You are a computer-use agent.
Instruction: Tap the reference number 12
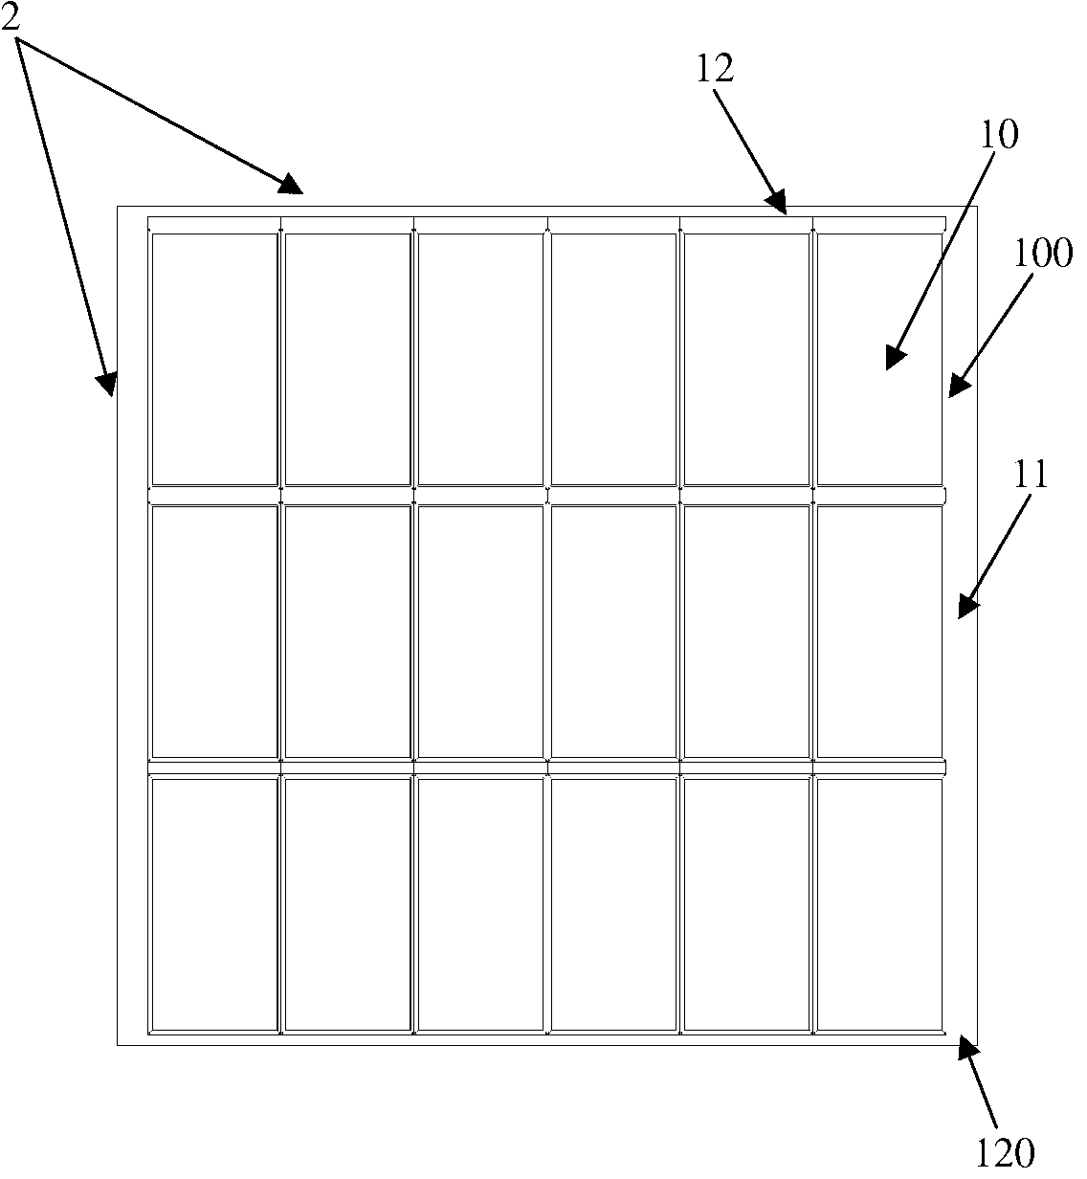716,68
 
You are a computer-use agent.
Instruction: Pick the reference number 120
1006,1151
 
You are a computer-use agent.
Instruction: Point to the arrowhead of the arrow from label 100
952,391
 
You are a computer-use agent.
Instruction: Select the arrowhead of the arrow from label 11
964,613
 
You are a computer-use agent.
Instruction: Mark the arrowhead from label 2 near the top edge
298,189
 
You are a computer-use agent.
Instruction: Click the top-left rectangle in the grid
214,359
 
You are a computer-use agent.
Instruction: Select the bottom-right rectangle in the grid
879,904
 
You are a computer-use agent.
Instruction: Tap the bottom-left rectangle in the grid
214,904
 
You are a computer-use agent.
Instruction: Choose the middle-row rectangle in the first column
214,632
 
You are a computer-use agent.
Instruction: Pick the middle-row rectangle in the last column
879,632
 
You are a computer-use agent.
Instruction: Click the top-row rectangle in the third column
480,359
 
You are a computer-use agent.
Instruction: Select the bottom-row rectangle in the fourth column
613,904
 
